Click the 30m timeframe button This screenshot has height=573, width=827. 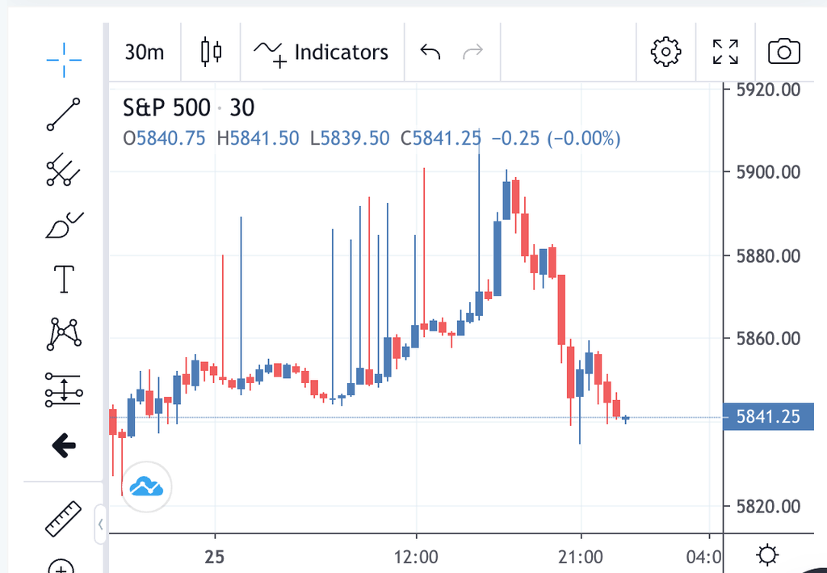pos(145,53)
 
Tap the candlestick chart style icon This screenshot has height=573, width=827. pos(211,52)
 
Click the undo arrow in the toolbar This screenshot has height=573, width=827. pos(430,53)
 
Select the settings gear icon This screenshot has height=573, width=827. pos(665,52)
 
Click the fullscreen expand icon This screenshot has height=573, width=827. pos(725,52)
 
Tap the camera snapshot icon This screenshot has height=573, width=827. pos(783,53)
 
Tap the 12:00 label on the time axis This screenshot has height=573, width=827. pos(416,558)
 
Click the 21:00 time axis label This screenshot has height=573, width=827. pos(581,558)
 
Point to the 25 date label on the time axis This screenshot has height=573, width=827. pos(215,558)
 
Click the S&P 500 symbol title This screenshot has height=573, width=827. pos(166,107)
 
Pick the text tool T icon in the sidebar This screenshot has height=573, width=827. pos(64,280)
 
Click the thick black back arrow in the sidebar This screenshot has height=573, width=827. pos(64,444)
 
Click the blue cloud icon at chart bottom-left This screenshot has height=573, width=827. pos(147,487)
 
